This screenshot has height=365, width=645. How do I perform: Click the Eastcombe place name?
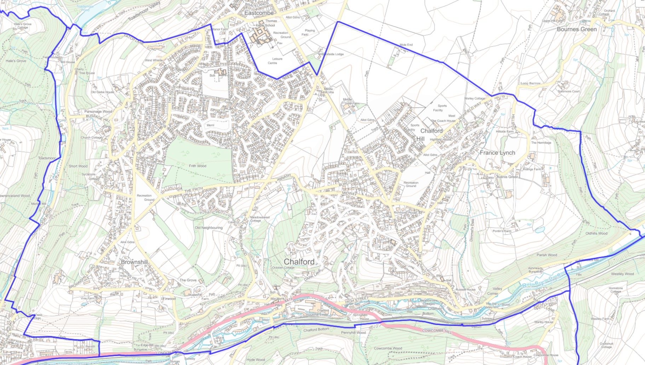259,13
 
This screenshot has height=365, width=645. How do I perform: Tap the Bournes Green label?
577,29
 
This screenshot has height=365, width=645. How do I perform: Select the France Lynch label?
497,153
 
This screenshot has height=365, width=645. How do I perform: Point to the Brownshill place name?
134,262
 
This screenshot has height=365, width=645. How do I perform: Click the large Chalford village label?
299,262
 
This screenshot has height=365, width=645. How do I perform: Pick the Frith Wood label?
197,166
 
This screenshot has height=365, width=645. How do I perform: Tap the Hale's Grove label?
16,61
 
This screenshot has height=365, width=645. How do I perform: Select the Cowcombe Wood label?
388,348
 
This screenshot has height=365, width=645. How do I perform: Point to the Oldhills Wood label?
596,233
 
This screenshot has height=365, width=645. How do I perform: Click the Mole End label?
406,45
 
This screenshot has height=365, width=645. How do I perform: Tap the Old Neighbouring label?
208,228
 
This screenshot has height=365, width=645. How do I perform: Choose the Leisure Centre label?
275,61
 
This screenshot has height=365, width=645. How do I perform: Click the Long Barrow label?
530,84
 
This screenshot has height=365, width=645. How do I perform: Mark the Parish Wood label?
547,255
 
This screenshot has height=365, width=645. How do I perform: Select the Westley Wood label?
622,274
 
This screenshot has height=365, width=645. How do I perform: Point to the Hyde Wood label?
255,360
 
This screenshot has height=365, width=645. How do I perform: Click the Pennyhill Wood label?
353,333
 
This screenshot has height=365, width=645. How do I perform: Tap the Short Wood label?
78,166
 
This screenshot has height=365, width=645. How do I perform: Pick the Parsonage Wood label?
98,112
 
